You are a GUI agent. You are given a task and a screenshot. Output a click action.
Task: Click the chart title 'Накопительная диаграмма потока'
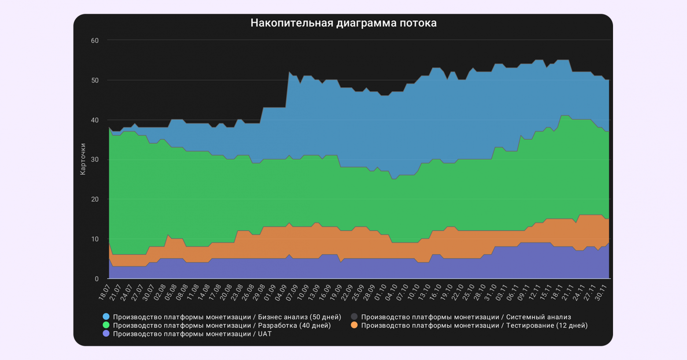coord(343,23)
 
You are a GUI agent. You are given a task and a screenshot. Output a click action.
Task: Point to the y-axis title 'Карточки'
coord(83,159)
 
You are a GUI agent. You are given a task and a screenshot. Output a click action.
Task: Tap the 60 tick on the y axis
coord(95,41)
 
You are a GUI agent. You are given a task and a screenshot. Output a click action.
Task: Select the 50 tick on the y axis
coord(95,80)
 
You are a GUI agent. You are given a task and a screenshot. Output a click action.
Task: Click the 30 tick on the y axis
coord(95,160)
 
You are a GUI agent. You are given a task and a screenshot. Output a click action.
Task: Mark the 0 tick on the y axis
coord(96,279)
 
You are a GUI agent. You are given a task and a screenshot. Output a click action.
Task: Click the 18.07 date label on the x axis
coord(104,292)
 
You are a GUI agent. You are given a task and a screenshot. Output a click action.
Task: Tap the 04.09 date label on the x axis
coord(281,292)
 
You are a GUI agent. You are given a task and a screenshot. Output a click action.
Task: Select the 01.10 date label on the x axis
coord(380,292)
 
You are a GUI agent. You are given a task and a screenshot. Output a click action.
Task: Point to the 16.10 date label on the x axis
coord(436,292)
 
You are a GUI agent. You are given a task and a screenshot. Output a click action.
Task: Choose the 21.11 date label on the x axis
coord(568,292)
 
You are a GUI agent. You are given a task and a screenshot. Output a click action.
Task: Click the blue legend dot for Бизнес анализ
coord(106,317)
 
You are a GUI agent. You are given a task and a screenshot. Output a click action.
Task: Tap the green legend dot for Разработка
coord(106,325)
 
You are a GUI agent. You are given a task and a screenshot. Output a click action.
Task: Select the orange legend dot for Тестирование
coord(354,325)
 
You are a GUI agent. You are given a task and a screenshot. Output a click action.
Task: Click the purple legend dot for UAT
coord(106,334)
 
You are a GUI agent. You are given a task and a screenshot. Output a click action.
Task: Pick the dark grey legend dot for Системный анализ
coord(354,317)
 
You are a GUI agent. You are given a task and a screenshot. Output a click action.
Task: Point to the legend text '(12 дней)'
coord(572,325)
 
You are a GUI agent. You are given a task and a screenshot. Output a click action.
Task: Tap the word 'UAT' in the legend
coord(264,334)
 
